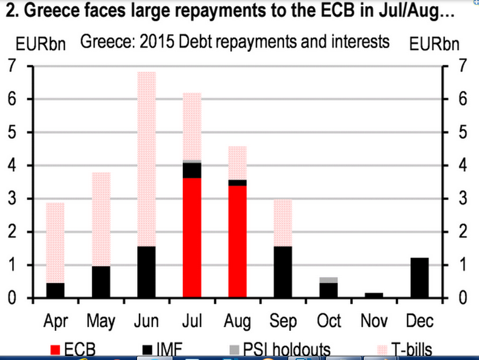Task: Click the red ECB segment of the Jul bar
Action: (x=192, y=238)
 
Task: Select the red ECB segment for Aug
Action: (x=237, y=241)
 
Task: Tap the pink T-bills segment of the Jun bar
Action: (x=147, y=159)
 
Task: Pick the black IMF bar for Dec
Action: (x=419, y=278)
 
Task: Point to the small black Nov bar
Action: (x=374, y=295)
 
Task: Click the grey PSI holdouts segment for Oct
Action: (x=328, y=280)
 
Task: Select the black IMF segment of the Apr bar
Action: (x=55, y=290)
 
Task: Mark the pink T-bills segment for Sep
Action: (x=283, y=222)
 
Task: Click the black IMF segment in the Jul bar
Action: (x=192, y=171)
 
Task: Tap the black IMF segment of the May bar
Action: (x=101, y=282)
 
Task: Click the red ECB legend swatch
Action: (x=55, y=350)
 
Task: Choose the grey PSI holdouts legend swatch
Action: (x=234, y=350)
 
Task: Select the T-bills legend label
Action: (x=412, y=350)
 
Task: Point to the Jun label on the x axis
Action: (x=146, y=321)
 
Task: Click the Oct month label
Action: (x=328, y=321)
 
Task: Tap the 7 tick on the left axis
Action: (x=12, y=65)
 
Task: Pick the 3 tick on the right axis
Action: (x=463, y=198)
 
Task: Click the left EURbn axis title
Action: (x=41, y=44)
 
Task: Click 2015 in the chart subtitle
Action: (x=157, y=41)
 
